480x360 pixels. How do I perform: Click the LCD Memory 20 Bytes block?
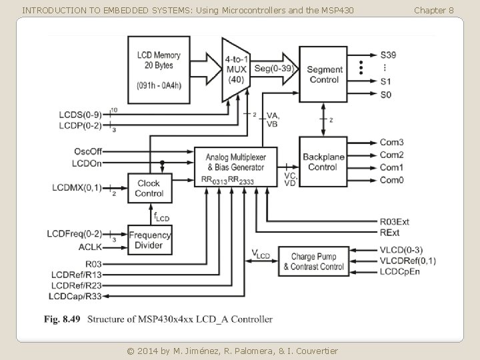155,69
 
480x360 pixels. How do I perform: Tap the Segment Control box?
324,74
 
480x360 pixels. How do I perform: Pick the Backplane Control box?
324,161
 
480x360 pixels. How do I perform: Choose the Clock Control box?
149,188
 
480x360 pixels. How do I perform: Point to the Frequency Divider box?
149,240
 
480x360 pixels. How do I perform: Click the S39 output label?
389,54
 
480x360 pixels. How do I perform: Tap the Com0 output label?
391,180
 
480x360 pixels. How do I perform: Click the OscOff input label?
88,151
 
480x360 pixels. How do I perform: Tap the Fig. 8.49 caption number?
61,319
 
